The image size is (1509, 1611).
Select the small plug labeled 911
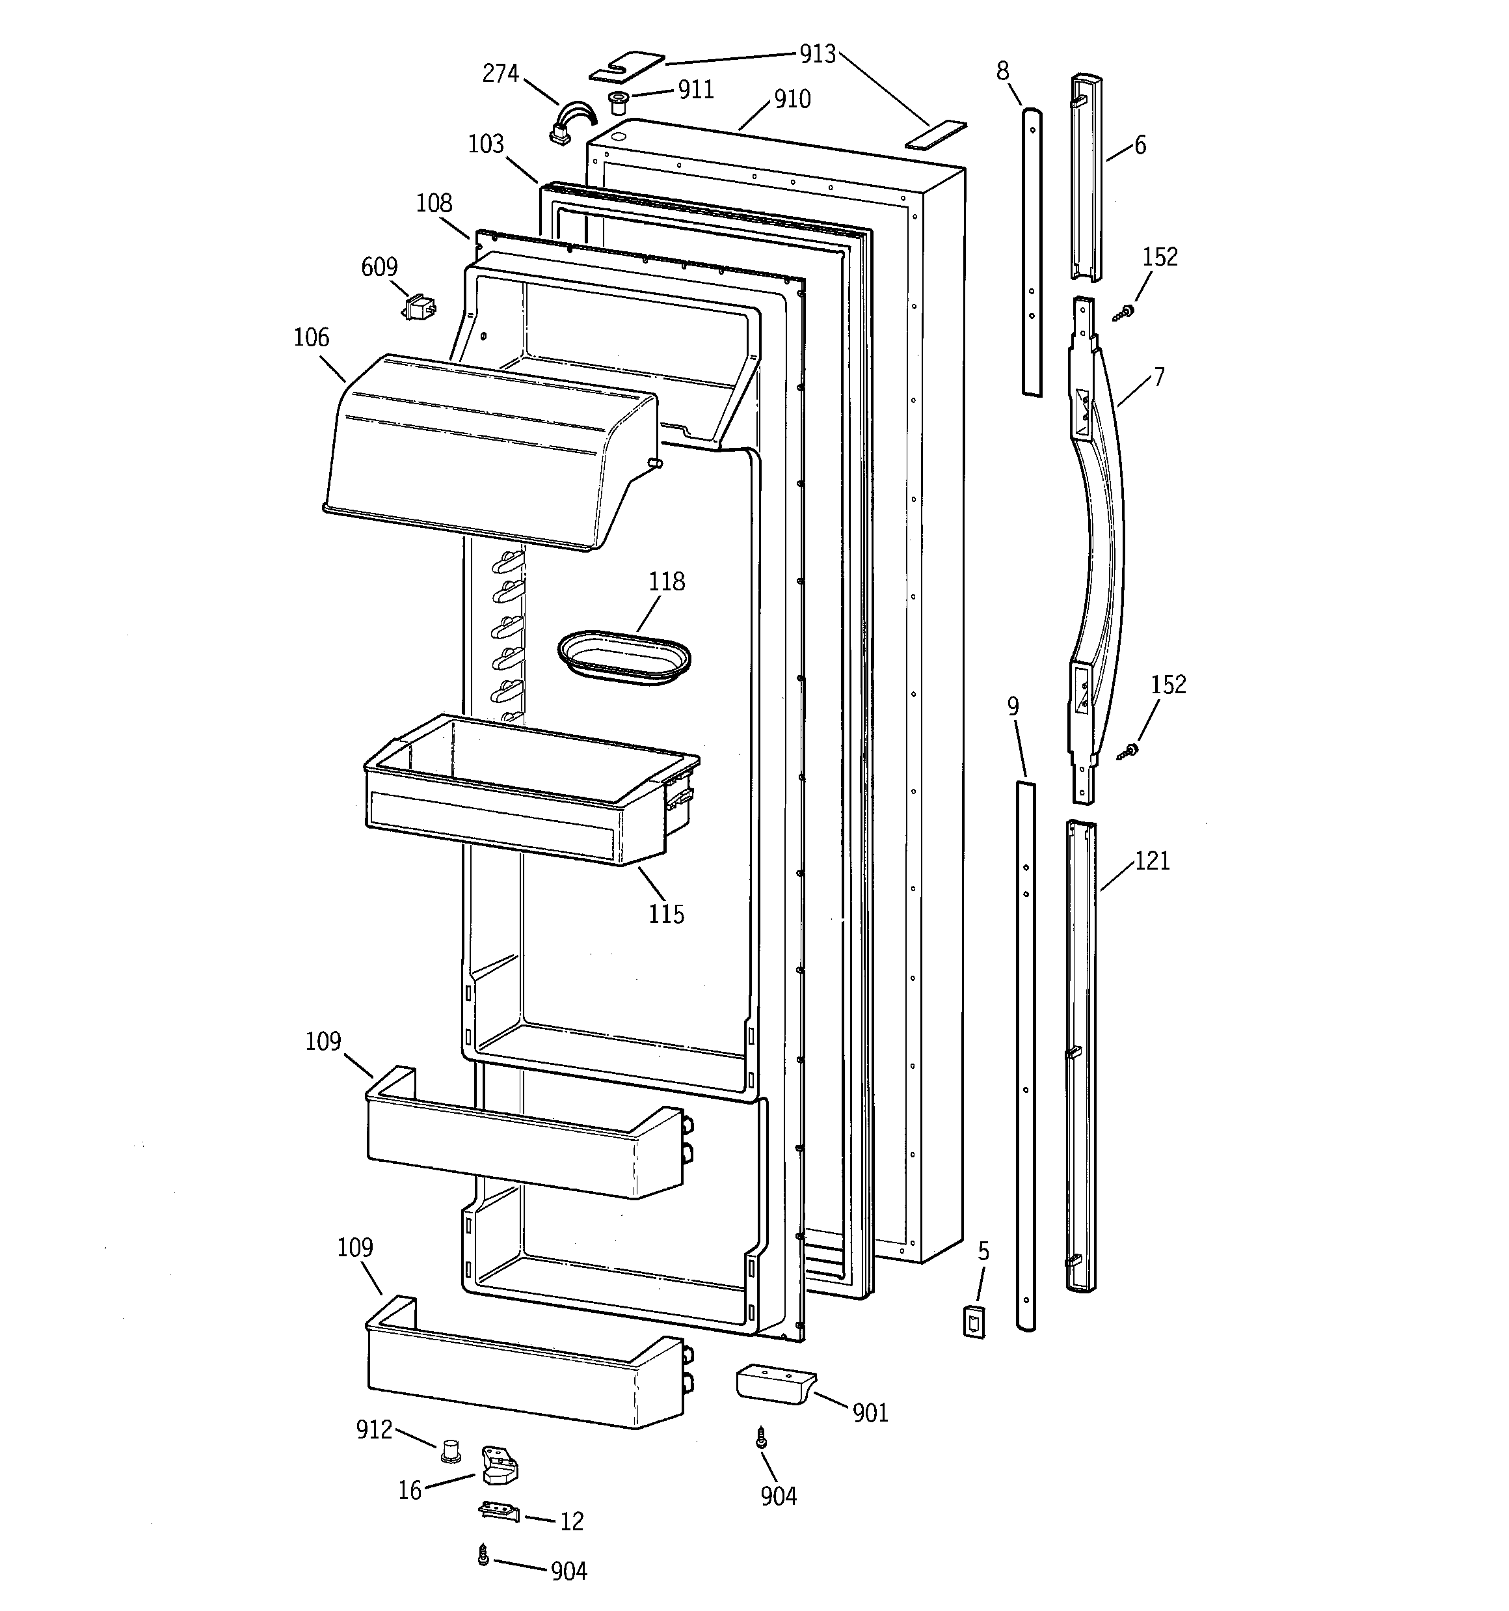pyautogui.click(x=619, y=103)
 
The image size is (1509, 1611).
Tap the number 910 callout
pyautogui.click(x=792, y=99)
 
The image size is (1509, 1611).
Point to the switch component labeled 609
pyautogui.click(x=420, y=308)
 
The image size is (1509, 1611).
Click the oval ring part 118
pyautogui.click(x=624, y=657)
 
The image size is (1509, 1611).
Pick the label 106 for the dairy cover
pyautogui.click(x=311, y=337)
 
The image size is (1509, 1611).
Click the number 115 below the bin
pyautogui.click(x=666, y=914)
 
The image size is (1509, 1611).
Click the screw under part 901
pyautogui.click(x=760, y=1439)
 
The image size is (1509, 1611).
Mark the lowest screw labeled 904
pyautogui.click(x=483, y=1555)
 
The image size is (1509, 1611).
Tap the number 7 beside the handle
pyautogui.click(x=1159, y=377)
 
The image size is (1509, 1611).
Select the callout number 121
pyautogui.click(x=1152, y=861)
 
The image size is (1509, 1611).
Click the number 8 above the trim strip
pyautogui.click(x=1003, y=72)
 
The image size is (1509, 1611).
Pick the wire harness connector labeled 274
pyautogui.click(x=570, y=126)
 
